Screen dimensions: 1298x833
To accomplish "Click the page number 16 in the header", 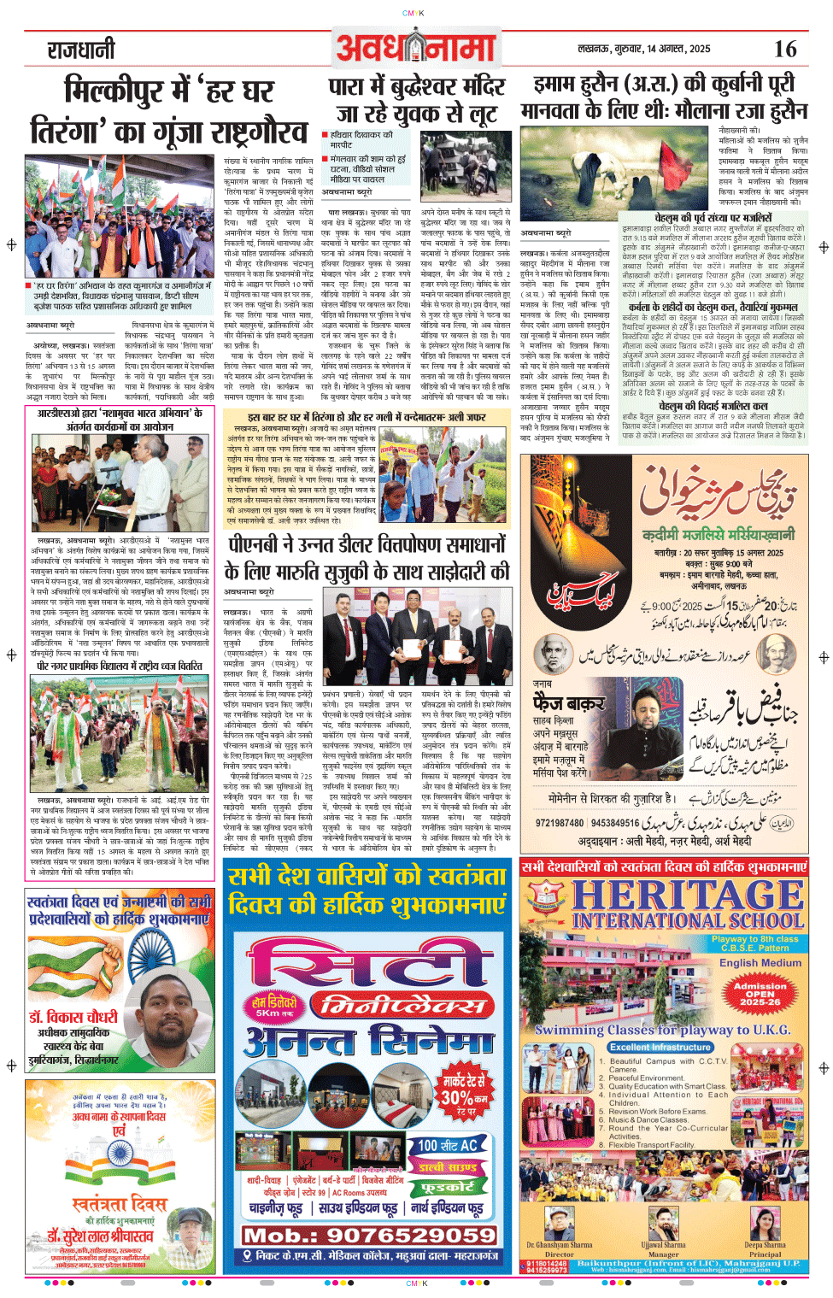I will coord(784,50).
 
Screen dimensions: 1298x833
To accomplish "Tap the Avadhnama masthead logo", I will coord(416,50).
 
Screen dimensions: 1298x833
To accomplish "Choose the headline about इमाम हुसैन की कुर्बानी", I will coord(664,97).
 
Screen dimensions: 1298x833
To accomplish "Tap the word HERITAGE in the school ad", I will coord(688,895).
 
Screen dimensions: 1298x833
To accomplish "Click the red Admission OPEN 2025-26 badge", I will coord(760,995).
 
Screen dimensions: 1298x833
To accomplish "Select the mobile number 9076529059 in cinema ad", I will coord(369,1236).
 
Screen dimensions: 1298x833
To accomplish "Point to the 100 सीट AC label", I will coord(448,1145).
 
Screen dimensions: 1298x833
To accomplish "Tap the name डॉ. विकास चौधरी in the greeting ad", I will coord(73,1018).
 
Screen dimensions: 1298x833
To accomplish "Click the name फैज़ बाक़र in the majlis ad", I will coord(568,703).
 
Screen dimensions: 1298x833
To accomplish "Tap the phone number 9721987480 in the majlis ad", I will coord(560,823).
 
